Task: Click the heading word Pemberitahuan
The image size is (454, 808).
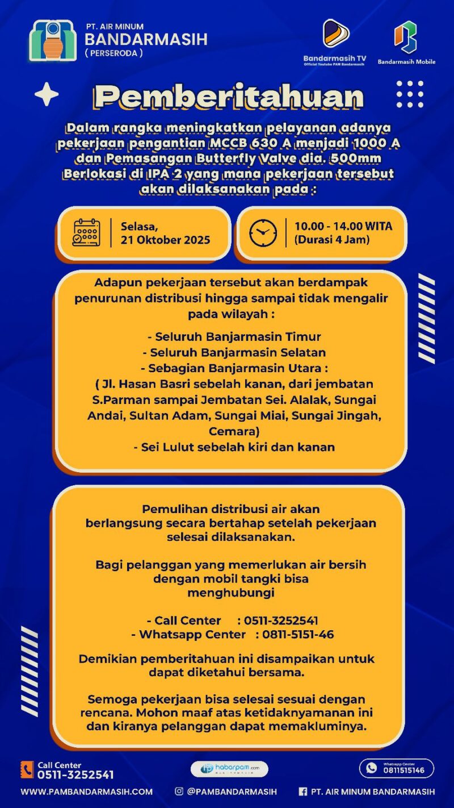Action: coord(229,97)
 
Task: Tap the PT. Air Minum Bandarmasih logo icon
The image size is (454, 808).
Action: coord(53,41)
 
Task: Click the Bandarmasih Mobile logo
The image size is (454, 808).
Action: coord(406,37)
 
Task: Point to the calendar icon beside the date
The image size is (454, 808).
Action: coord(86,232)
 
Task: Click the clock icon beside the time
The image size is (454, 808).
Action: coord(263,233)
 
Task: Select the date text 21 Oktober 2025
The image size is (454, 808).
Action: coord(165,240)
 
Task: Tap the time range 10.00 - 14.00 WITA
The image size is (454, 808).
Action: coord(343,226)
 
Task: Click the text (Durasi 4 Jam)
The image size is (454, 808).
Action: coord(331,240)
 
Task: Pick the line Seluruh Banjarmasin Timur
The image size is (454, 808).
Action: coord(234,336)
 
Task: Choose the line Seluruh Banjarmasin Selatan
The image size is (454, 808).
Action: coord(234,352)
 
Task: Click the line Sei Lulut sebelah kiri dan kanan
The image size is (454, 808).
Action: coord(234,447)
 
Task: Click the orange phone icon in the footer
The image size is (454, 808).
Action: coord(27,770)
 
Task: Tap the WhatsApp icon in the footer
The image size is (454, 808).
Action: coord(372,768)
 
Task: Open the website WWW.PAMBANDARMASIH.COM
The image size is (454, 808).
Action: coord(87,792)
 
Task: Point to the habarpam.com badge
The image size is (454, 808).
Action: coord(229,769)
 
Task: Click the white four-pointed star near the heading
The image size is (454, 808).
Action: coord(47,94)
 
